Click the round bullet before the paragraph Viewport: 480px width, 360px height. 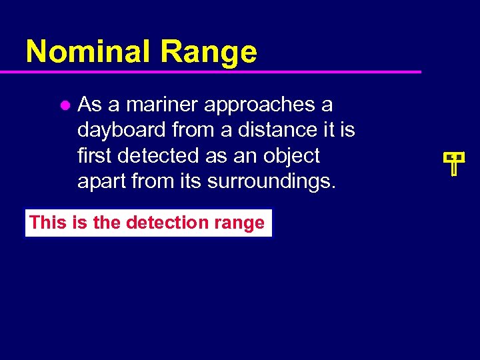[65, 105]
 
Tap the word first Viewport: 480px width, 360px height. [95, 155]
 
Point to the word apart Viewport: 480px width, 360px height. [99, 182]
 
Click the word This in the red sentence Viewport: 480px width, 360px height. [47, 222]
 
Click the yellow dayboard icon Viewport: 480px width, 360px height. [453, 162]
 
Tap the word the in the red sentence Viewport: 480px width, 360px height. [106, 222]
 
